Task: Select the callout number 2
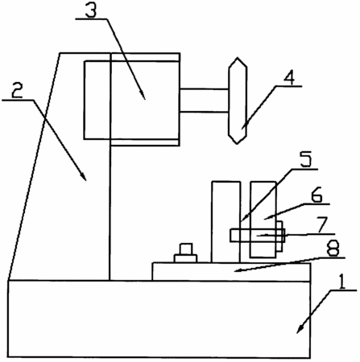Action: click(17, 90)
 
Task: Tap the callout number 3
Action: click(91, 10)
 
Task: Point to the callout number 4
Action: click(289, 77)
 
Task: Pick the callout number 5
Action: click(305, 159)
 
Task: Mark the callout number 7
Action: click(322, 224)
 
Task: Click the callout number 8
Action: click(333, 248)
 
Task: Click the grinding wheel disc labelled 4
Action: click(238, 101)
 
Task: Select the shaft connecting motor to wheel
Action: click(205, 101)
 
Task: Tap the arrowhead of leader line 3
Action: click(143, 96)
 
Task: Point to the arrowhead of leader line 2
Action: click(83, 176)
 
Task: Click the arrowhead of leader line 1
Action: click(300, 329)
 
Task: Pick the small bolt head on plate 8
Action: click(185, 253)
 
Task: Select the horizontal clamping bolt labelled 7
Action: click(257, 236)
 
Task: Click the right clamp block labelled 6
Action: click(263, 220)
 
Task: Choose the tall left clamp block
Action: click(226, 222)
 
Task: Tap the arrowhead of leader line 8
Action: click(238, 270)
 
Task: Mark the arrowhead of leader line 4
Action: click(243, 125)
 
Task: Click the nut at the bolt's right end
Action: click(279, 237)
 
